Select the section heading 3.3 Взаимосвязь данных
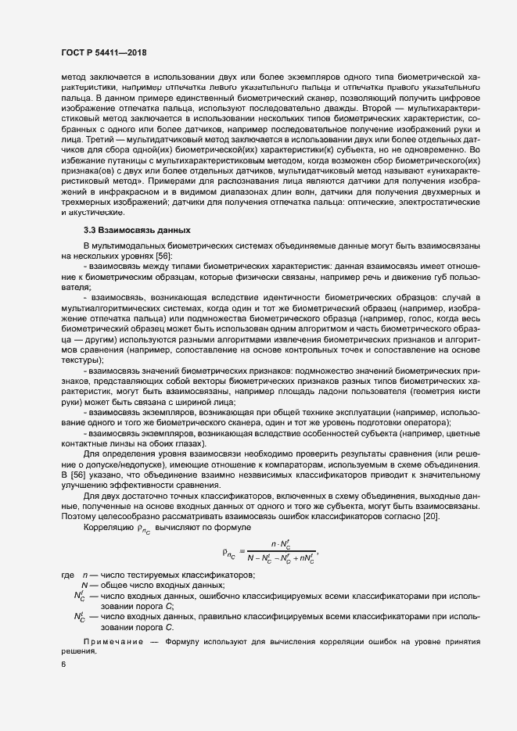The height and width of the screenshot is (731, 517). (x=131, y=230)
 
